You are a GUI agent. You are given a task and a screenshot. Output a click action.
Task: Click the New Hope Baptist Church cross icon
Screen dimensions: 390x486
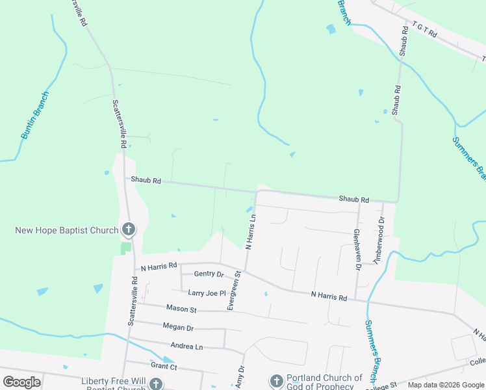129,229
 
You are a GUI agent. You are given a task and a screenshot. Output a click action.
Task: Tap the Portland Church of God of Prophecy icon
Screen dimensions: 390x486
275,380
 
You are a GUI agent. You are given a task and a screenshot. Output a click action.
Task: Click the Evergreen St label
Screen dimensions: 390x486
235,291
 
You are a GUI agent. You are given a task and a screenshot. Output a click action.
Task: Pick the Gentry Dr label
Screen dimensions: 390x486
208,274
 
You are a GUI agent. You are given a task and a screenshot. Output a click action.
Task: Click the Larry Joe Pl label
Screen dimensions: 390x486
207,293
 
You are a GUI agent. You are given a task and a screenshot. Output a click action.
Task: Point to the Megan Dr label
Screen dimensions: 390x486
178,328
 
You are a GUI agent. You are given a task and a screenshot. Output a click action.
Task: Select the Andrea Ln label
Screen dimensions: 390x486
186,346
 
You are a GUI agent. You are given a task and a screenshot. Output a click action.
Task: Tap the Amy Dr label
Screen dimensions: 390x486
240,377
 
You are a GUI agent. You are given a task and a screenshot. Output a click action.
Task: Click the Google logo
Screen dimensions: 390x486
21,382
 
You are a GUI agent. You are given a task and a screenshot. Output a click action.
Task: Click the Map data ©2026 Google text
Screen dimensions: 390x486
446,385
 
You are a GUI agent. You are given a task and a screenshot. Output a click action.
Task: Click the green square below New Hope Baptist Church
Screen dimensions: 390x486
126,248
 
